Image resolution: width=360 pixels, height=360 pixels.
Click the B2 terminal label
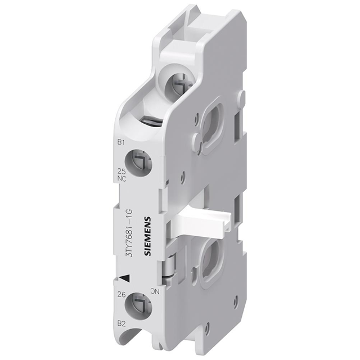tap(120, 322)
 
